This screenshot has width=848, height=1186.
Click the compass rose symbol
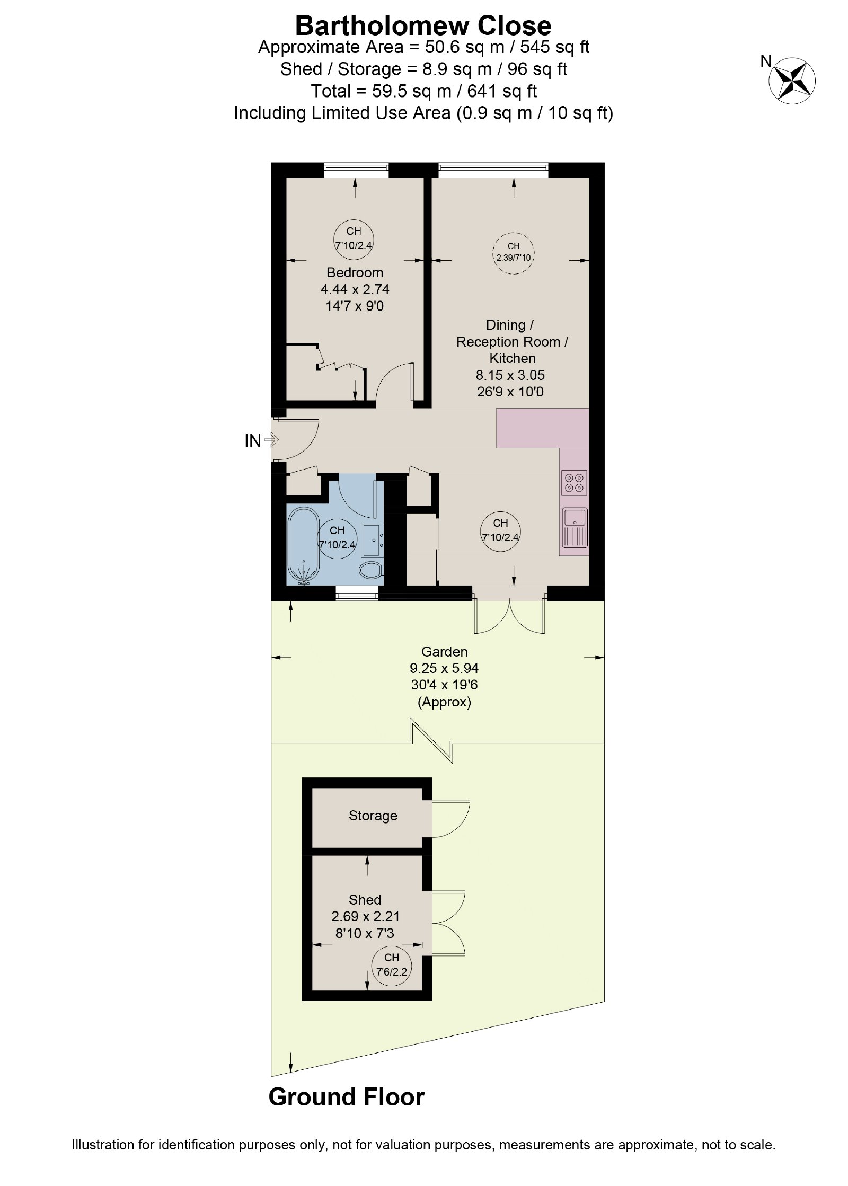tap(792, 80)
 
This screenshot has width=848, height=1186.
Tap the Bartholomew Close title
tap(423, 25)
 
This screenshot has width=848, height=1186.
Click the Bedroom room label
tap(355, 272)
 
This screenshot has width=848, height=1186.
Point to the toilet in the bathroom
tap(371, 571)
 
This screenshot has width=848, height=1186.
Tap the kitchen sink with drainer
tap(575, 527)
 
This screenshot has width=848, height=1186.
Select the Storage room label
tap(373, 816)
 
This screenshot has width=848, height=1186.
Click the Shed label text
tap(365, 899)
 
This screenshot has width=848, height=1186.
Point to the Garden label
tap(444, 651)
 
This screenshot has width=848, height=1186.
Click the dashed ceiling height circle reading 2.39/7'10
tap(513, 253)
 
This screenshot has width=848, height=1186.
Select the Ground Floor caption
tap(347, 1096)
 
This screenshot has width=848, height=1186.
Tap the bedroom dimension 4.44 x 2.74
tap(355, 289)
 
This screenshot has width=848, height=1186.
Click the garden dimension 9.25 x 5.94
tap(444, 668)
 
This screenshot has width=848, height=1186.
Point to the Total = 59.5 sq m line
tap(423, 91)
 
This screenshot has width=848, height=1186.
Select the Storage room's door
tap(451, 819)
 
